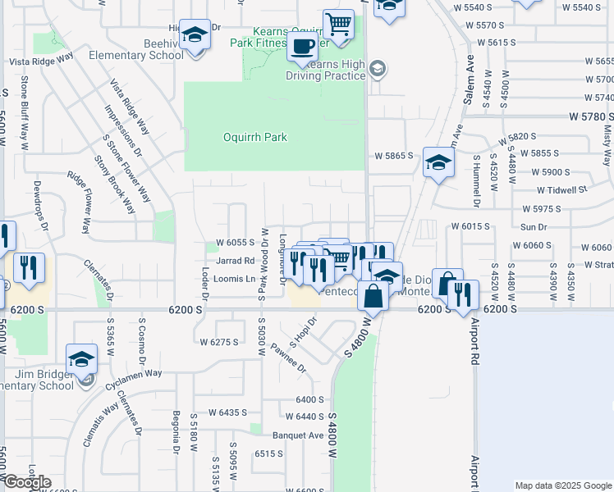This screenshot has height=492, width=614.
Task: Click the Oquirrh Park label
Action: pos(255,137)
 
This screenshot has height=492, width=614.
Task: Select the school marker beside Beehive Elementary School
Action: pos(195,36)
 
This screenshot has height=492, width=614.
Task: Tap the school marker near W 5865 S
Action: pos(438,162)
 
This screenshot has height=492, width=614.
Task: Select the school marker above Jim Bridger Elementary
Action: pos(81,360)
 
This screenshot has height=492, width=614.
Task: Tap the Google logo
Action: pos(27,482)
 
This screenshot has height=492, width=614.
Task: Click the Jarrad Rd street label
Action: pos(236,261)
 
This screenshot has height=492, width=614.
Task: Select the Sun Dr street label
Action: pos(534,226)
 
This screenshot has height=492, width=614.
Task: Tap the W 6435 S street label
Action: pos(227,412)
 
